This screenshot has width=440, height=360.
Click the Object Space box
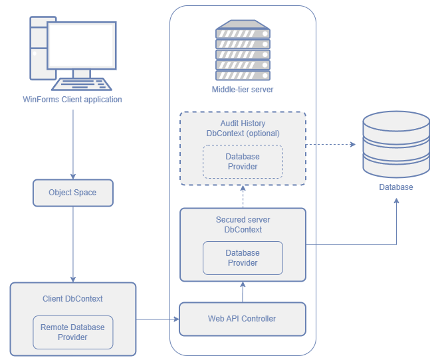[72, 193]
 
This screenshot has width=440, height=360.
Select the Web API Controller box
[243, 319]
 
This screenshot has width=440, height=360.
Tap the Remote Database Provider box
[72, 332]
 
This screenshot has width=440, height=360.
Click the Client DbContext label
[72, 299]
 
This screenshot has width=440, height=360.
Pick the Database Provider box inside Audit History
[243, 161]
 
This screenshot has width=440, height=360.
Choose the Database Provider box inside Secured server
[243, 258]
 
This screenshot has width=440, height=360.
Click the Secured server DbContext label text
[243, 225]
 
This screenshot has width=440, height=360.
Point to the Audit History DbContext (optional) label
[243, 128]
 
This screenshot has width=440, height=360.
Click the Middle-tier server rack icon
[243, 50]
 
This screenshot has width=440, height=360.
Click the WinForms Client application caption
[72, 100]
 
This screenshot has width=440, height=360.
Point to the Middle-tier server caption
[243, 90]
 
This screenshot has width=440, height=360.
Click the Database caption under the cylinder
[396, 187]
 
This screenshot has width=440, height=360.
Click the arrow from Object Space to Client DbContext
[72, 242]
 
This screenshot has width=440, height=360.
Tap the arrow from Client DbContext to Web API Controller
[158, 319]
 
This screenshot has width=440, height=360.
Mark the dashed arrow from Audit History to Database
[332, 143]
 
